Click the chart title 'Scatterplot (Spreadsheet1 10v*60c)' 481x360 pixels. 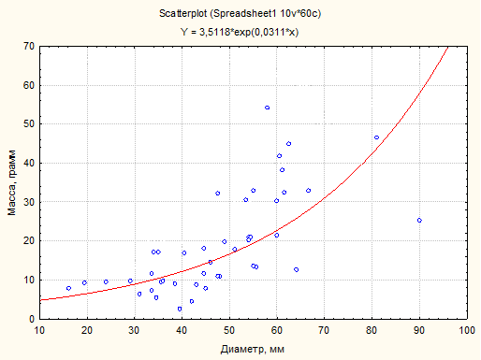240,14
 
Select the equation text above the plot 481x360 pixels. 240,32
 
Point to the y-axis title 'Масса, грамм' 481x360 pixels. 12,183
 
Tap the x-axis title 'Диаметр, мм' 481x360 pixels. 253,349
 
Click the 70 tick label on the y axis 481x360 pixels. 29,47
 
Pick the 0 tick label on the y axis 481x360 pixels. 32,319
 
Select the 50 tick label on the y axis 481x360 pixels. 29,124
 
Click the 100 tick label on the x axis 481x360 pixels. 467,330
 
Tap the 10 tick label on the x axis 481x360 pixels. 39,330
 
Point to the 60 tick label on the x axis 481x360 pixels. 277,330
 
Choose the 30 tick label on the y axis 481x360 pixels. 29,202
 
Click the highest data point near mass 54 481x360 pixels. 267,108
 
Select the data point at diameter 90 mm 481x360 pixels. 419,221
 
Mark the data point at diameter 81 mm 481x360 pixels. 376,137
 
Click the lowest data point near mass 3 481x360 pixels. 180,309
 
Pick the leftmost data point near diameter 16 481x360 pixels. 68,288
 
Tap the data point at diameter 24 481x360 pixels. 106,281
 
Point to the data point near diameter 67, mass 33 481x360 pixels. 308,191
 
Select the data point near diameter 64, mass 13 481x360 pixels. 297,269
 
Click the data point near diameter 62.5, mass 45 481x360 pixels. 289,144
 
